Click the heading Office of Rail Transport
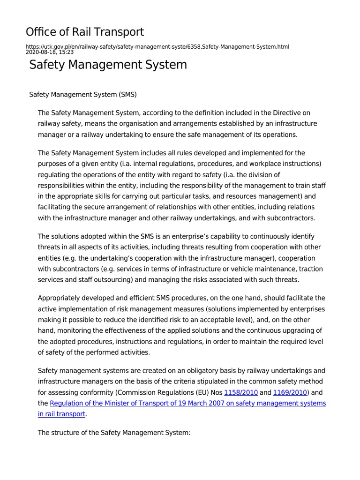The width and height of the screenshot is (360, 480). coord(85,32)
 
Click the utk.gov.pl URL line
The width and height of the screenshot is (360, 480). coord(157,46)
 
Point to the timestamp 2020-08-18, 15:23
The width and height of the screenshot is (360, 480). coord(49,52)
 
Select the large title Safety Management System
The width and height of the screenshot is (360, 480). coord(108,65)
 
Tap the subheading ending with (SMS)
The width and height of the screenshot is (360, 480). coord(83,94)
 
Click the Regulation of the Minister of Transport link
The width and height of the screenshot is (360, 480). coord(187,403)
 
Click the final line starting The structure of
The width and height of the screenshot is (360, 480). coord(114,433)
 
